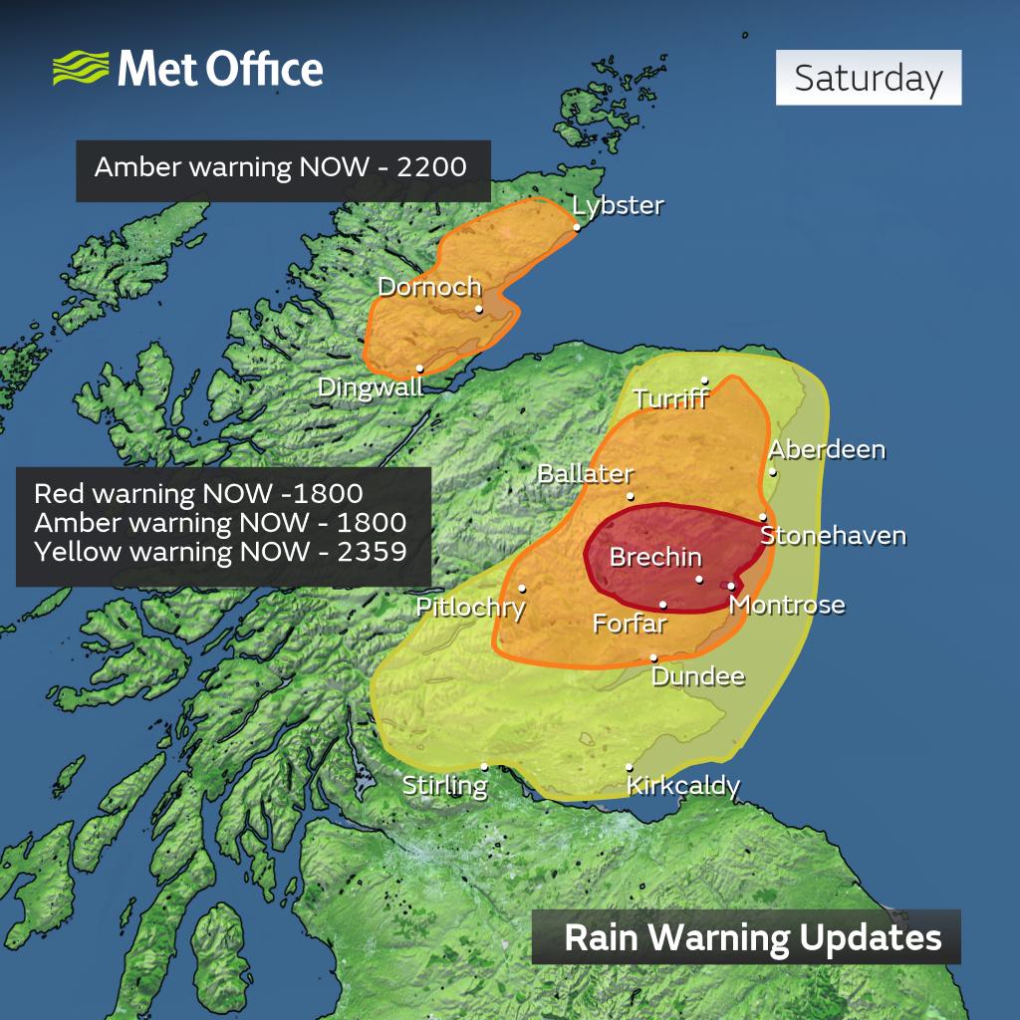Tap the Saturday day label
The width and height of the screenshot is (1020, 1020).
click(x=869, y=78)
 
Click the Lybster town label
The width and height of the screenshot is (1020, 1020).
click(x=618, y=205)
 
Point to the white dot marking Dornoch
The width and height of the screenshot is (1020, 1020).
click(x=479, y=309)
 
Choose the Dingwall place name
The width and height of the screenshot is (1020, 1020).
click(x=371, y=386)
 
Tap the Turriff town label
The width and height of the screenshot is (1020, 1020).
click(x=670, y=398)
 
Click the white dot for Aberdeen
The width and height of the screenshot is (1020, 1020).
click(x=773, y=471)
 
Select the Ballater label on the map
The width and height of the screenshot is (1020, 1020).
click(x=585, y=473)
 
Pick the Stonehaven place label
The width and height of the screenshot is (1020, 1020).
click(x=833, y=536)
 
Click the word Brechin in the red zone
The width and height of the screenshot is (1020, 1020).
click(x=655, y=557)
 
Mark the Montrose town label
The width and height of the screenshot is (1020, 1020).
click(x=787, y=605)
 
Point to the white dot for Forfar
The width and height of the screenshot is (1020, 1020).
click(x=663, y=604)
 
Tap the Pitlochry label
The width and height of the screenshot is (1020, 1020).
click(x=470, y=607)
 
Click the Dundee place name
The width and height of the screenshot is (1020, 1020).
click(x=698, y=676)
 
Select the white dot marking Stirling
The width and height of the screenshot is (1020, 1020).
click(x=484, y=766)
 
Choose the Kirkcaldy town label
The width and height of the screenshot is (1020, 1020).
click(x=683, y=786)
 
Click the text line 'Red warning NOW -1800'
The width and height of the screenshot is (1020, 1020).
click(x=197, y=494)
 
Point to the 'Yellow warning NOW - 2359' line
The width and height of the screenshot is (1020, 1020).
click(x=220, y=550)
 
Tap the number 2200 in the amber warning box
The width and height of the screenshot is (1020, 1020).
click(x=431, y=166)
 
